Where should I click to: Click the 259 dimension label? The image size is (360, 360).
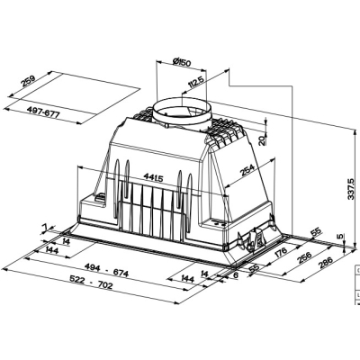29,81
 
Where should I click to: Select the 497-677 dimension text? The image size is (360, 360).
43,112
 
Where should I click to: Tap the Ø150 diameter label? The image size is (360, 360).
182,62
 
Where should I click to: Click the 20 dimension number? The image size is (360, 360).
262,140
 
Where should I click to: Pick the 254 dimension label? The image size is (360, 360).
247,170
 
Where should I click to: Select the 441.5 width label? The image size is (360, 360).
153,178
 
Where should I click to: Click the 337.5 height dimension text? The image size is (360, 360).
351,189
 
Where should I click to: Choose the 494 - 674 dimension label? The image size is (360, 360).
106,270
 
